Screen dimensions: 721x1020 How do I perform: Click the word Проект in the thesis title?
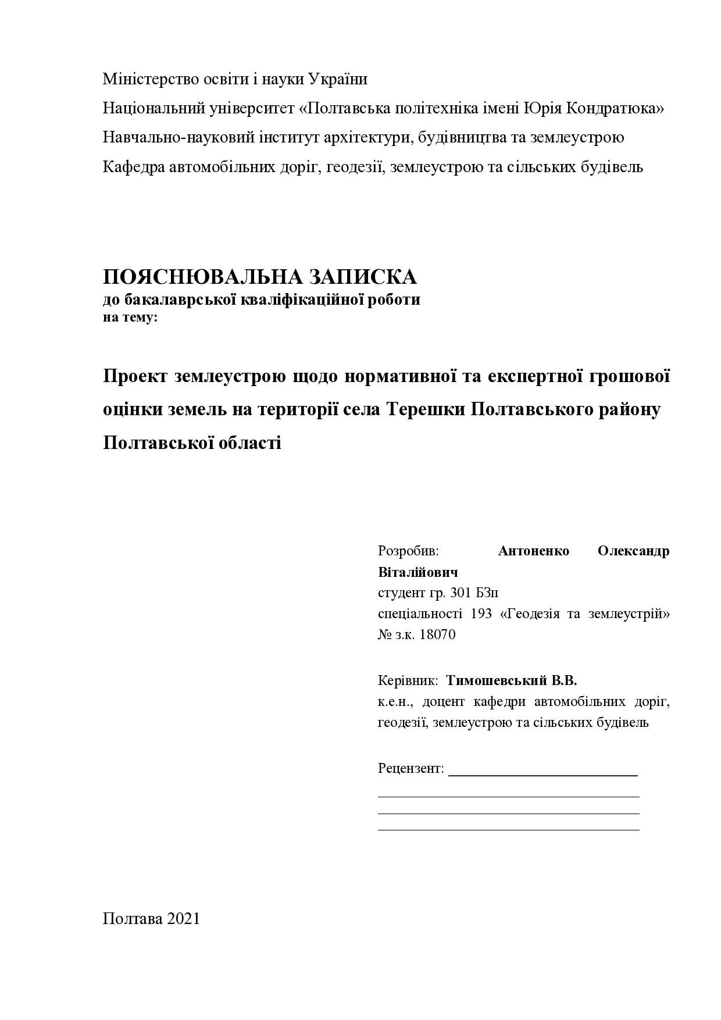(135, 377)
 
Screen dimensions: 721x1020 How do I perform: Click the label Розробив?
(408, 551)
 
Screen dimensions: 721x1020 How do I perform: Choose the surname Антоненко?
(533, 551)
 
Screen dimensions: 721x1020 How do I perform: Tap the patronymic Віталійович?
(417, 572)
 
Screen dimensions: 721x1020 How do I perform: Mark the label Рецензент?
(411, 768)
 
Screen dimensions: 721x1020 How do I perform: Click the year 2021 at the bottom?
(183, 918)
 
